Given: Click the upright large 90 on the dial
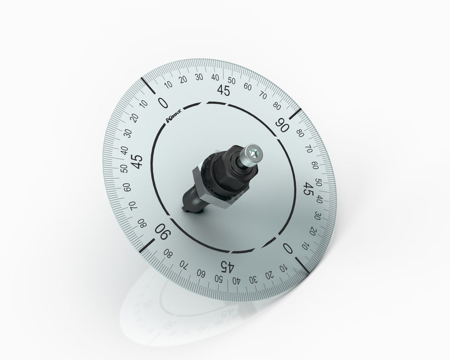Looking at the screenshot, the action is [282, 125].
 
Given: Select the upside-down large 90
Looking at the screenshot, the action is [163, 232].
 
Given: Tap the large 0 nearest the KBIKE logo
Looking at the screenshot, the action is [163, 103].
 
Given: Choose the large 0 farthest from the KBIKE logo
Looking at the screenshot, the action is [288, 248].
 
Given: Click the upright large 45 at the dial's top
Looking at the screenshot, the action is [224, 90].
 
